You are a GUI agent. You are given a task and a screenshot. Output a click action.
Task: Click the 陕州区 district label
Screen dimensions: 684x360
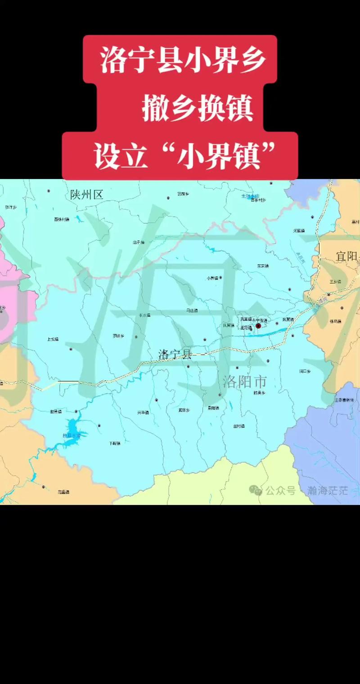tap(87, 194)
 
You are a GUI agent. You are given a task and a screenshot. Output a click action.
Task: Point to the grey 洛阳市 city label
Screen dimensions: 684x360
tap(245, 382)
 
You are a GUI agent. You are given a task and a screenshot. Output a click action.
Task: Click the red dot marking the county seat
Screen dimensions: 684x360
tap(258, 325)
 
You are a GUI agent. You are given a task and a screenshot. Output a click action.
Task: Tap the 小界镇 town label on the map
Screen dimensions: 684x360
tap(212, 278)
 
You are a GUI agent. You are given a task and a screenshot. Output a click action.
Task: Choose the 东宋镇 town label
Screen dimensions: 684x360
tap(263, 266)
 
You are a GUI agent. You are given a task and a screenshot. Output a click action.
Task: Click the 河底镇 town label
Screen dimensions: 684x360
tap(300, 230)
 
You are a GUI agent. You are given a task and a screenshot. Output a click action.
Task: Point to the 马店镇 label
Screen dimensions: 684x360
tap(192, 310)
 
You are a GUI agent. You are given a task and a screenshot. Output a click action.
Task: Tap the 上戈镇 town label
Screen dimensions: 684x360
tap(53, 339)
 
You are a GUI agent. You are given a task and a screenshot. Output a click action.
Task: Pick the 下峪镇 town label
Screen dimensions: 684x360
tap(115, 443)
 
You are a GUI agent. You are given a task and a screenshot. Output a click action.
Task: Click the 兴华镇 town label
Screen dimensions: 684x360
tap(143, 412)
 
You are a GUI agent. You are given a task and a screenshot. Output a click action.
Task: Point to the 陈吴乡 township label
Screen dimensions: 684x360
tap(260, 393)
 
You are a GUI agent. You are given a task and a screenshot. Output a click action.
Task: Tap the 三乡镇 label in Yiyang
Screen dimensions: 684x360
tap(336, 281)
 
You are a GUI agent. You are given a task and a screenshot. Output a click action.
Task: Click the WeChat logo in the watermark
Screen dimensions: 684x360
tap(256, 490)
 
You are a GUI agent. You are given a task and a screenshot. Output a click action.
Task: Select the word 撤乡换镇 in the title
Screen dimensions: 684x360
tap(198, 108)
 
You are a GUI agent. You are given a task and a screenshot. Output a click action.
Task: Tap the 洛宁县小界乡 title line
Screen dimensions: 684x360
tap(182, 60)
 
